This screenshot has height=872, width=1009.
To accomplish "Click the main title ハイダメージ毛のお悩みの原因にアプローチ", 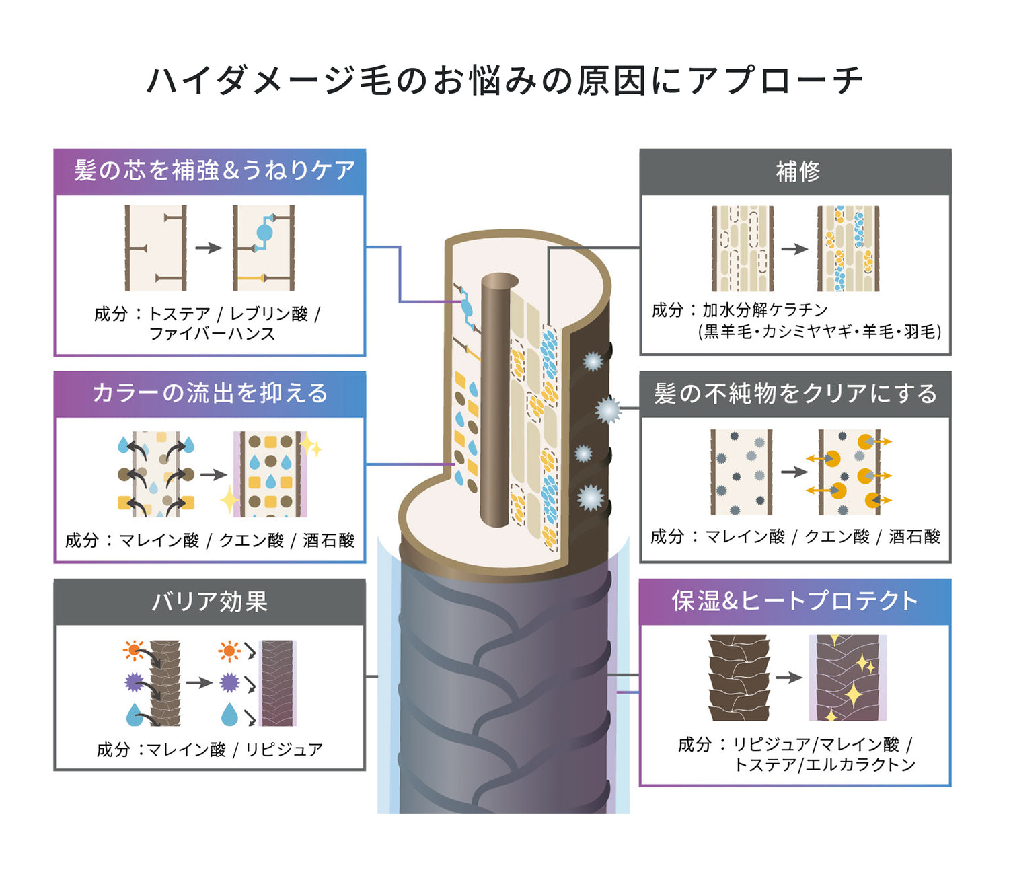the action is pyautogui.click(x=504, y=81).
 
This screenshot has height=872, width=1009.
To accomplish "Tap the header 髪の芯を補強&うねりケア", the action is pyautogui.click(x=215, y=170).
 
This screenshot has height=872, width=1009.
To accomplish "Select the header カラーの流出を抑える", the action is pyautogui.click(x=210, y=393).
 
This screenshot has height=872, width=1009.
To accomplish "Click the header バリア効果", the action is pyautogui.click(x=210, y=601).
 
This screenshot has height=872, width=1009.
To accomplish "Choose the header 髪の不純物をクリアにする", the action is pyautogui.click(x=795, y=394).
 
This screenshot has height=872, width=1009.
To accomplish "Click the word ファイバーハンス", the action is pyautogui.click(x=213, y=334).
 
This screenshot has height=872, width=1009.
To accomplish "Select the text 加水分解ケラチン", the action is pyautogui.click(x=764, y=310).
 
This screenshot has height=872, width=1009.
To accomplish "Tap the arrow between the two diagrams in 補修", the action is pyautogui.click(x=794, y=249).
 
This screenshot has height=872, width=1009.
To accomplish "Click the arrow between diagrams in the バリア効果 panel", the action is pyautogui.click(x=199, y=682).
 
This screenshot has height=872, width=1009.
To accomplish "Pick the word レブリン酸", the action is pyautogui.click(x=269, y=314).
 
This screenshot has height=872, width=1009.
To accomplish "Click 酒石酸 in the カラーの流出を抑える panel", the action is pyautogui.click(x=328, y=540).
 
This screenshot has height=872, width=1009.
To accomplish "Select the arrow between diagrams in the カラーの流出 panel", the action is pyautogui.click(x=214, y=474).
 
